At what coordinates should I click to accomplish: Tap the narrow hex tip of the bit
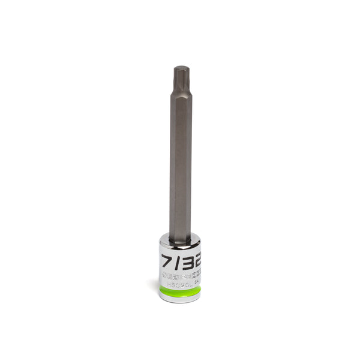pos(180,78)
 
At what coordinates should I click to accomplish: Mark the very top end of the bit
pos(180,67)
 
